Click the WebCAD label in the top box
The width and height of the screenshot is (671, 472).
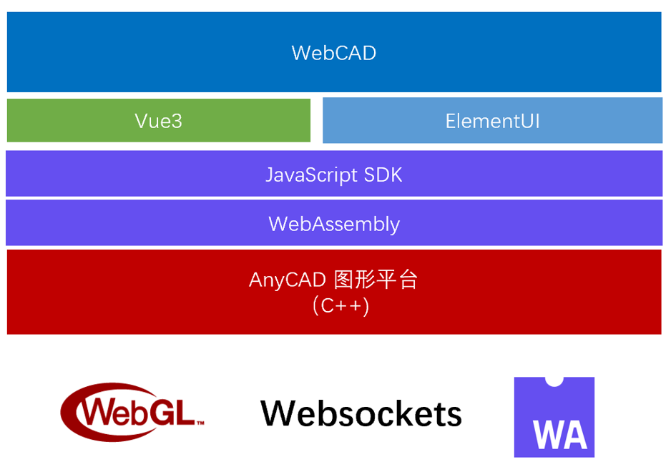click(x=333, y=53)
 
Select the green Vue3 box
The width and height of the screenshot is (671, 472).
click(x=159, y=120)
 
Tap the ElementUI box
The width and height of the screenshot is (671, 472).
click(x=492, y=120)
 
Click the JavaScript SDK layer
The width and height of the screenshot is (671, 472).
click(x=333, y=174)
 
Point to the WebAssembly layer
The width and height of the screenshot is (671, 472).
click(x=333, y=224)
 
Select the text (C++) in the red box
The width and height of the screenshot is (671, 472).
click(x=341, y=306)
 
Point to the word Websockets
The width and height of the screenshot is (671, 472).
click(x=361, y=414)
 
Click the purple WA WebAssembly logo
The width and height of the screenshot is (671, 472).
click(x=554, y=417)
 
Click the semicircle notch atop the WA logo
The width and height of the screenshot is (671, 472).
click(x=554, y=380)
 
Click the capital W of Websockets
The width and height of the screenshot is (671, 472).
click(x=279, y=413)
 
